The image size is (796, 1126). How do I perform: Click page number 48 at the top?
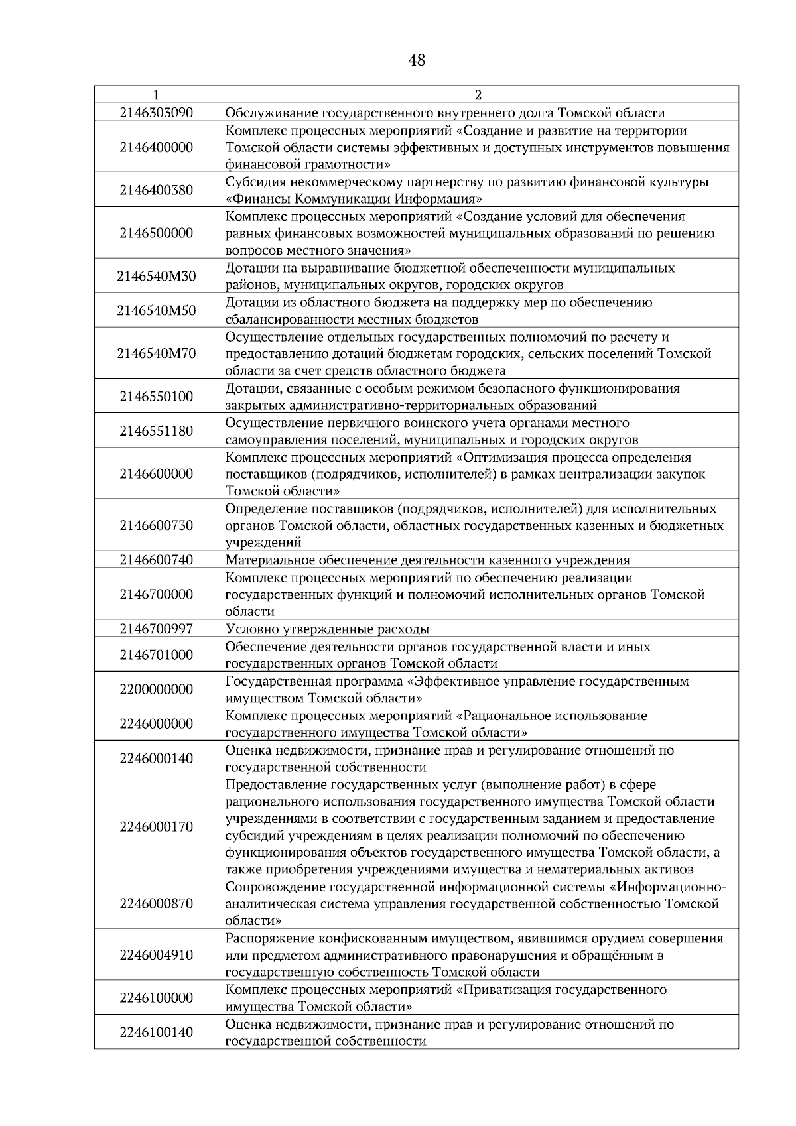click(x=417, y=61)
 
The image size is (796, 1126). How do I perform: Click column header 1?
click(x=156, y=94)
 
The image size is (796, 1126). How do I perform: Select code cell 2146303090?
click(x=156, y=113)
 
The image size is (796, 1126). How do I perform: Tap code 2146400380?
click(x=156, y=190)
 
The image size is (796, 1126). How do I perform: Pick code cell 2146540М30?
click(x=156, y=276)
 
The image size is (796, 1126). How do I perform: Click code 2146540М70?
click(x=156, y=353)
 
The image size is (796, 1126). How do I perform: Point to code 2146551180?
click(x=156, y=431)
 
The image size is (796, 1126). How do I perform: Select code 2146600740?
click(x=156, y=560)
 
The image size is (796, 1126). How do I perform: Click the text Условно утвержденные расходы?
click(x=327, y=629)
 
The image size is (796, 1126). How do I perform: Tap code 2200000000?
click(x=156, y=690)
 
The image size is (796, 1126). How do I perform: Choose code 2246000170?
click(x=156, y=827)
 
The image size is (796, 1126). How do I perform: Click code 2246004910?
click(x=156, y=955)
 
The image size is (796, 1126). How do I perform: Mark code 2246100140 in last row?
click(x=156, y=1032)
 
